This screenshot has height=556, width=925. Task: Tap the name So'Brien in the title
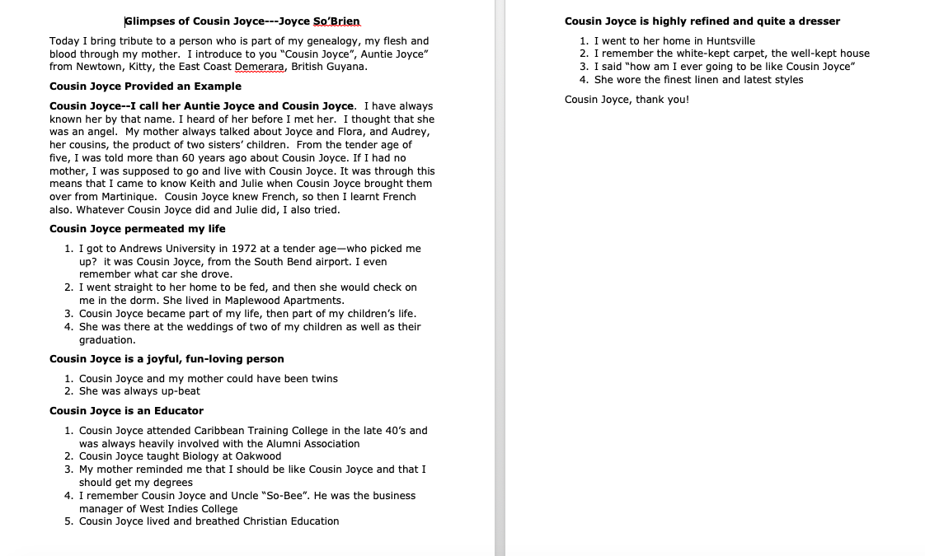point(336,21)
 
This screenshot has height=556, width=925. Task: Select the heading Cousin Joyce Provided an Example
point(145,86)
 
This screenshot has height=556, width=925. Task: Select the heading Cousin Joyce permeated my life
point(137,229)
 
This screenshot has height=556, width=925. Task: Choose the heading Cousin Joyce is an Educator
point(126,411)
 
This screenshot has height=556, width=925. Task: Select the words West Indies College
point(189,509)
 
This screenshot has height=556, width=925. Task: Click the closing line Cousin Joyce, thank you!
point(627,100)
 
